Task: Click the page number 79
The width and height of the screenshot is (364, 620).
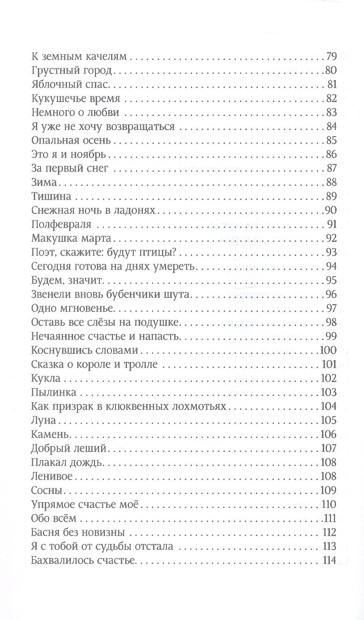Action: tap(330, 56)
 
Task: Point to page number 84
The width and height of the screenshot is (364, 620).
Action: tap(331, 127)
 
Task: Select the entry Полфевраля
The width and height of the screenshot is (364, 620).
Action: tap(61, 224)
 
